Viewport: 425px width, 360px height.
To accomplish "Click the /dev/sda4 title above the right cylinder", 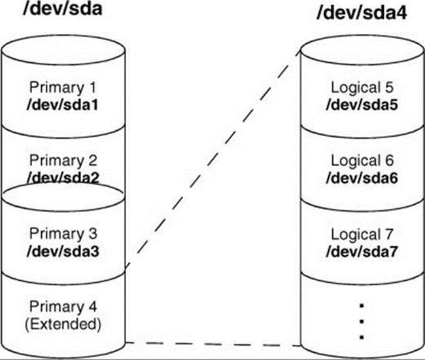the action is [x=362, y=12].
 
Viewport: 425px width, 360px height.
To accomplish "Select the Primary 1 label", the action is [x=63, y=88].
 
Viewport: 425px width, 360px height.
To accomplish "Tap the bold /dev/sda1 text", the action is [x=63, y=105].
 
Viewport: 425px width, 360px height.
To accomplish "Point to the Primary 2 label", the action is [x=63, y=160].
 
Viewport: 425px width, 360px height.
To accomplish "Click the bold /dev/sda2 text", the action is [x=63, y=177].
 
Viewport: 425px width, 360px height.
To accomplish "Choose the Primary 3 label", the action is [x=63, y=234].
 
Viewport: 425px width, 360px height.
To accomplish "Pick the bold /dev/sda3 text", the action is [x=63, y=251].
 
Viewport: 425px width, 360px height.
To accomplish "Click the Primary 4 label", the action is [x=63, y=307].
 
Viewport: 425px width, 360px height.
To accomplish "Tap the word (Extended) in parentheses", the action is [x=63, y=323].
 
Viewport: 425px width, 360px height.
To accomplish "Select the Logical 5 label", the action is [x=362, y=88].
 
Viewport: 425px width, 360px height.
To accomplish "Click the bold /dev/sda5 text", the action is [x=362, y=105].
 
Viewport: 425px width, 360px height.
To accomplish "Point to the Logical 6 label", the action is [x=362, y=160].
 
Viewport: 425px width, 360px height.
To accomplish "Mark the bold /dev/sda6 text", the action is [x=362, y=178].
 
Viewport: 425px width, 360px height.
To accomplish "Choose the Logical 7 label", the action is [x=362, y=234].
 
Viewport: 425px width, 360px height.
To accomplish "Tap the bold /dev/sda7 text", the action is [x=362, y=251].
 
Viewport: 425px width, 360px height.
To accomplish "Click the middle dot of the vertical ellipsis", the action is [x=362, y=322].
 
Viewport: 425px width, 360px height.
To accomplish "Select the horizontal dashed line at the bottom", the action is [x=213, y=344].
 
